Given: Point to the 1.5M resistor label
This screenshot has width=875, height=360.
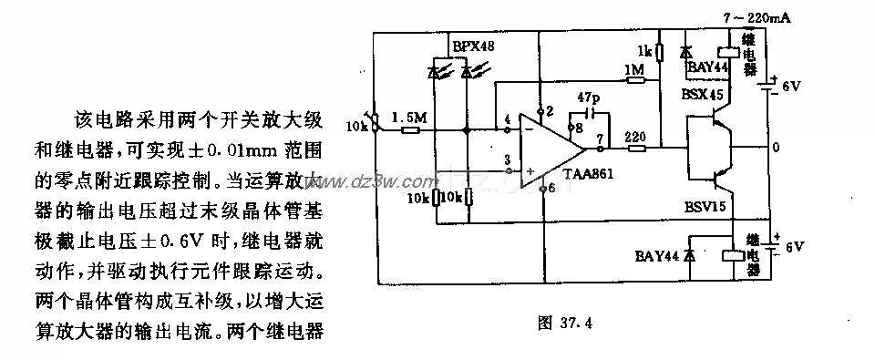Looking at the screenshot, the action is [407, 118].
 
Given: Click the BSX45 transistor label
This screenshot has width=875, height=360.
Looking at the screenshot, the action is [704, 93].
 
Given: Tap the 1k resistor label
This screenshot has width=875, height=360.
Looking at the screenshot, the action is [644, 49].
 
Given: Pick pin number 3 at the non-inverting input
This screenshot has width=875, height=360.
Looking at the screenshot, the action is [508, 159].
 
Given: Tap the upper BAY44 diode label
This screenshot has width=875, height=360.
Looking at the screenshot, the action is [707, 67].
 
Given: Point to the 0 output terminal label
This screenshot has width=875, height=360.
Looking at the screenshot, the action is [776, 148].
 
